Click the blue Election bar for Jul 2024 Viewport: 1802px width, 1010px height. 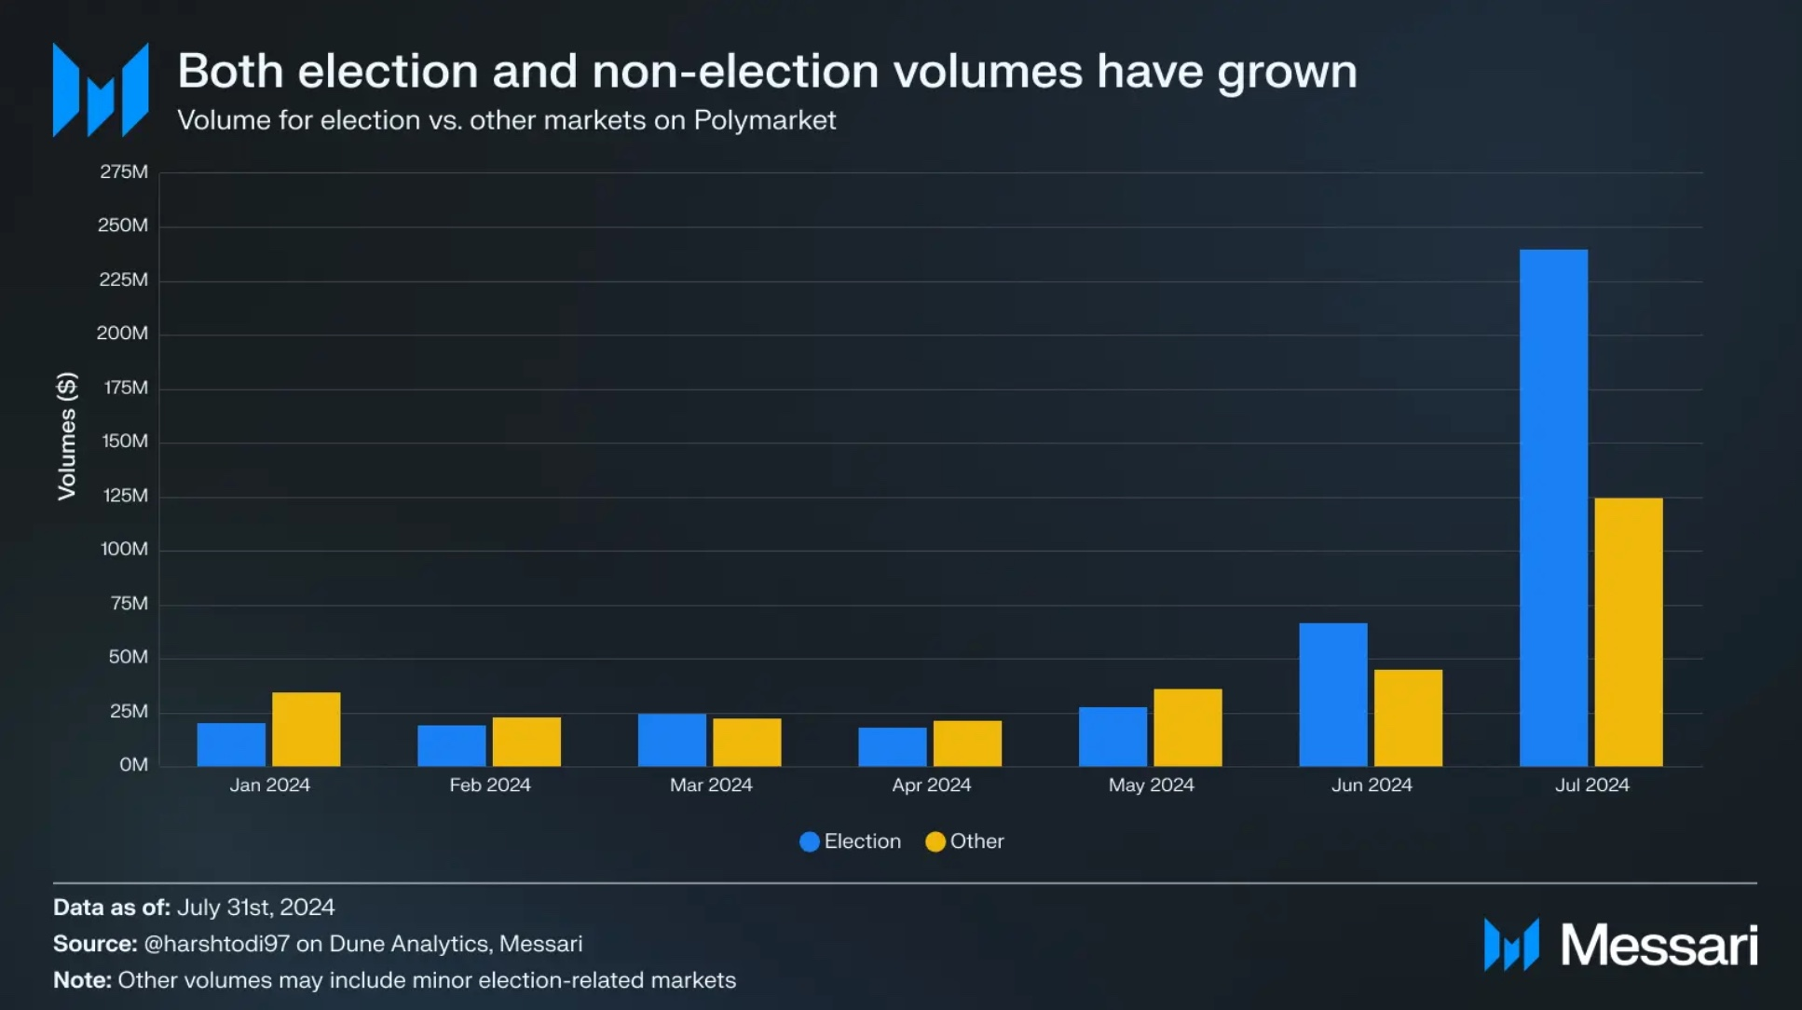[x=1553, y=508]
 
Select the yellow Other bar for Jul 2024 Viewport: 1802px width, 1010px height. [x=1629, y=632]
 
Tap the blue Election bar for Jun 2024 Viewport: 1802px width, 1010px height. [x=1333, y=694]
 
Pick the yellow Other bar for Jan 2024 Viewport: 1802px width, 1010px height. [x=307, y=729]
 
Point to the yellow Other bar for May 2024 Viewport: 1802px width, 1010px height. [x=1188, y=727]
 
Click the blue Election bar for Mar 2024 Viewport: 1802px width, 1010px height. [x=672, y=740]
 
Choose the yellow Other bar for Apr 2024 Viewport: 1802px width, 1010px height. [x=967, y=743]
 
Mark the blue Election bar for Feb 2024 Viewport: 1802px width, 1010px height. [x=452, y=745]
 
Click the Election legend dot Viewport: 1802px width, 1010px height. [x=810, y=841]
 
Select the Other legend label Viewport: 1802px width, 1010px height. [x=976, y=841]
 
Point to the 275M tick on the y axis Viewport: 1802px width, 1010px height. [x=124, y=171]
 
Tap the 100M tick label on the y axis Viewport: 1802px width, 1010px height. [x=124, y=549]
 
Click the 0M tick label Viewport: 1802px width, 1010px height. [x=133, y=765]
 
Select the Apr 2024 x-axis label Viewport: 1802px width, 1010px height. [x=931, y=785]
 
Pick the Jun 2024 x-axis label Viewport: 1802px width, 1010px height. [x=1372, y=785]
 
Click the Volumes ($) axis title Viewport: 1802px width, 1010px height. [x=66, y=436]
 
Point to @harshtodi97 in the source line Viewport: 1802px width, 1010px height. [x=217, y=944]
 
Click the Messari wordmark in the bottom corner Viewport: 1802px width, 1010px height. [x=1659, y=945]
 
